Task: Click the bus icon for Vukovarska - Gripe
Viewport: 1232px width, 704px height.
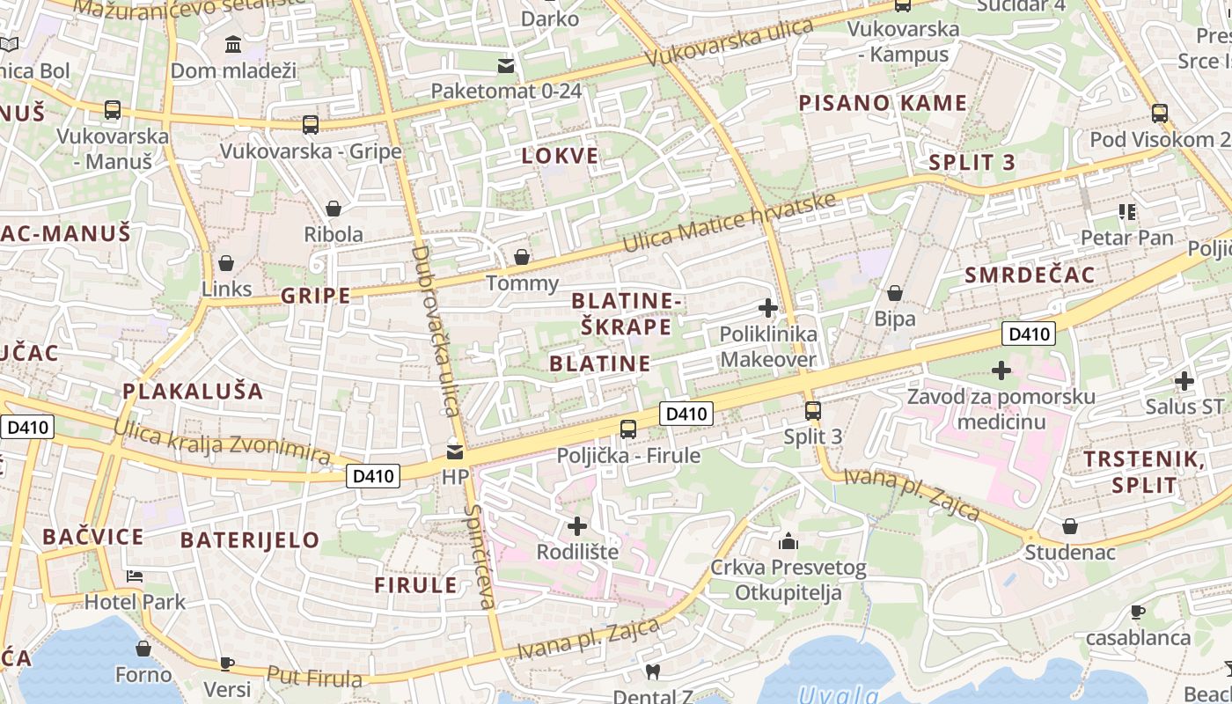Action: [x=310, y=125]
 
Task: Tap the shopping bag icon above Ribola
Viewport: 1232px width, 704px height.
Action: [x=334, y=209]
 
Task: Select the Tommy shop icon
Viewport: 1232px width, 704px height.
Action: [x=522, y=257]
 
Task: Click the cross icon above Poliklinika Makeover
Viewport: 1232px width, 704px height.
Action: [x=767, y=308]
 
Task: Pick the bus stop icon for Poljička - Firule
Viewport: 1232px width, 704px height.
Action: [x=628, y=429]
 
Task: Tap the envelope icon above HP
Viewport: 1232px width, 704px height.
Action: [x=455, y=452]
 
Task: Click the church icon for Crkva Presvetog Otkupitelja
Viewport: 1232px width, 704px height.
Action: [x=788, y=540]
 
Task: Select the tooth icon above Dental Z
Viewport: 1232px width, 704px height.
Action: [x=652, y=672]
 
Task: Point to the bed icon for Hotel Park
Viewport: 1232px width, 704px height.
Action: [x=135, y=576]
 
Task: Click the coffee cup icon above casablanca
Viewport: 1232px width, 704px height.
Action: [x=1137, y=612]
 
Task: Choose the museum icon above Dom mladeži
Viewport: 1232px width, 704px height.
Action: [x=233, y=44]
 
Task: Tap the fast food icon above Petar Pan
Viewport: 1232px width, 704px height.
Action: [x=1126, y=211]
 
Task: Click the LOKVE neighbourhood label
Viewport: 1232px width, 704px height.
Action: [x=560, y=157]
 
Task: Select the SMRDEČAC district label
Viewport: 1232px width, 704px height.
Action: [x=1030, y=275]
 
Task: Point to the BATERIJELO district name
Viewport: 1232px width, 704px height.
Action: [x=250, y=540]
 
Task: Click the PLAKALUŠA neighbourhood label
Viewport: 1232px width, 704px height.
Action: [x=193, y=392]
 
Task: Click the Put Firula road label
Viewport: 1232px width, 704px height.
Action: [x=314, y=678]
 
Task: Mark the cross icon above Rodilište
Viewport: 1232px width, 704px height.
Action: [x=577, y=526]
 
